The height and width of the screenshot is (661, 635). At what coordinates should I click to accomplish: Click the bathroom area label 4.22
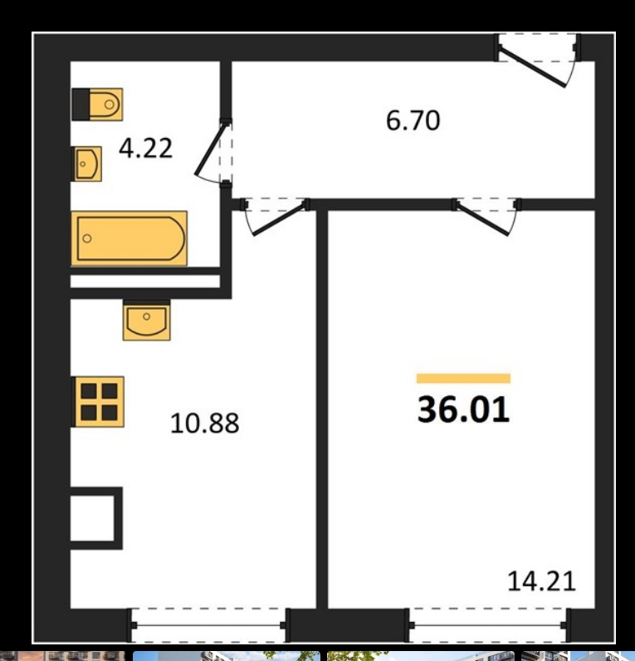[x=146, y=148]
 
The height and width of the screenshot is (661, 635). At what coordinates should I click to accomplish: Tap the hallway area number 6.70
[x=413, y=120]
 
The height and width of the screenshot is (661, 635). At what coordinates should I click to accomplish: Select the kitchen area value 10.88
[x=205, y=424]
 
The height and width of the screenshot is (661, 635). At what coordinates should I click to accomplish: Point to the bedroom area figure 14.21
[x=541, y=581]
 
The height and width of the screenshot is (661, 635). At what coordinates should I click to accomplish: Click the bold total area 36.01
[x=463, y=409]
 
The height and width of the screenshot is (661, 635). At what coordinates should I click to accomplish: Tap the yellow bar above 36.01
[x=463, y=379]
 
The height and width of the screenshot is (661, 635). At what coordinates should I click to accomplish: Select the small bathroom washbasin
[x=87, y=164]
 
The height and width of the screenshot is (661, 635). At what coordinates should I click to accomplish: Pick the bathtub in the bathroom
[x=129, y=238]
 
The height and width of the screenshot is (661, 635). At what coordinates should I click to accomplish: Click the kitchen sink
[x=147, y=320]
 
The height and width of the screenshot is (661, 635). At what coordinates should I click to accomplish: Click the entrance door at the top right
[x=532, y=67]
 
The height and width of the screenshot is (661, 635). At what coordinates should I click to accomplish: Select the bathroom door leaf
[x=211, y=149]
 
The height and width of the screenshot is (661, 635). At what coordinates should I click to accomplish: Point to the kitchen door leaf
[x=279, y=219]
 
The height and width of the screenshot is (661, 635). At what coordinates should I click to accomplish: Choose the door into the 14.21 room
[x=483, y=219]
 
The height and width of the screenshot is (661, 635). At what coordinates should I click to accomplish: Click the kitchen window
[x=208, y=625]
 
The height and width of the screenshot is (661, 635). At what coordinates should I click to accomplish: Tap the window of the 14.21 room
[x=488, y=625]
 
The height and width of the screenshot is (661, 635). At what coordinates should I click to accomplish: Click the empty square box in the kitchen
[x=96, y=518]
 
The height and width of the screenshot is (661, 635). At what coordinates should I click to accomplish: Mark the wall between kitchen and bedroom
[x=322, y=409]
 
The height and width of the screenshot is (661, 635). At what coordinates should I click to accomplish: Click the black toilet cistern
[x=81, y=105]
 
